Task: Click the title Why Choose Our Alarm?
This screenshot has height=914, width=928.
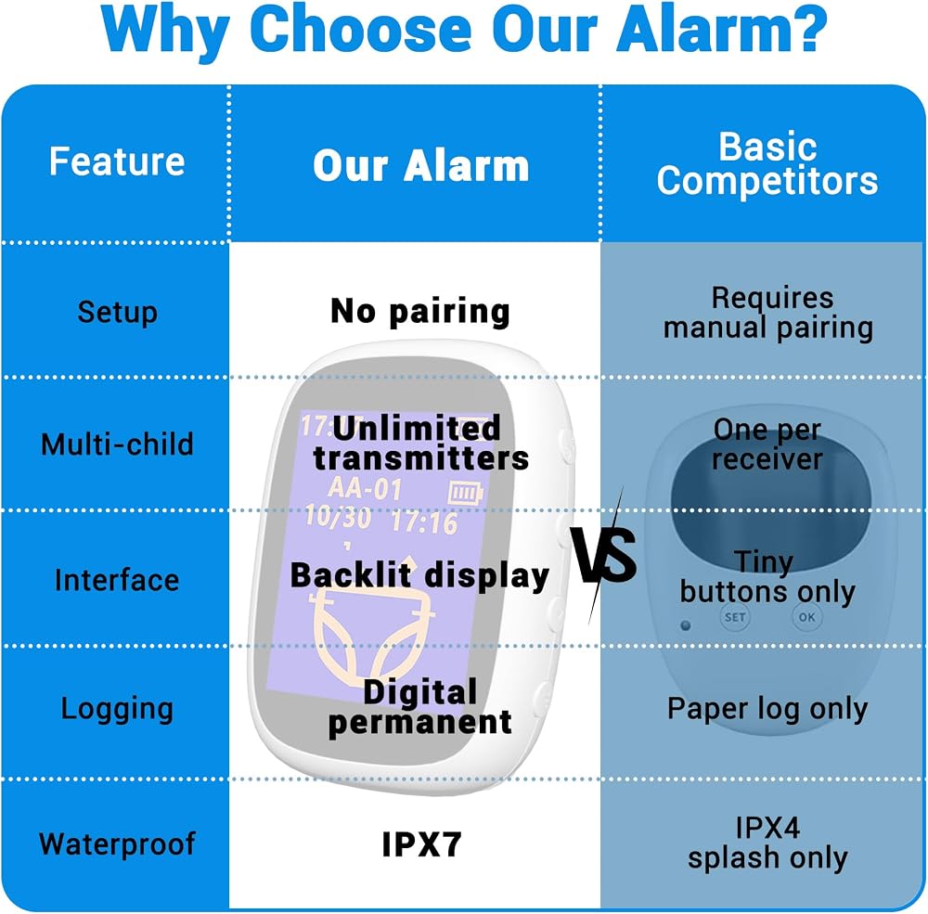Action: click(464, 31)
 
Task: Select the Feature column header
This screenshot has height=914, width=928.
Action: click(117, 161)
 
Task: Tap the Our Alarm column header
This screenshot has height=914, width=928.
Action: click(420, 166)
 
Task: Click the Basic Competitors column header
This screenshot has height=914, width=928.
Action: click(767, 163)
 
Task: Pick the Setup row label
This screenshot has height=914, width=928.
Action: click(117, 312)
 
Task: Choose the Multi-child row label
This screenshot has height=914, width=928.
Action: click(117, 444)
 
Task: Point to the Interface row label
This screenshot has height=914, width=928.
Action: click(117, 580)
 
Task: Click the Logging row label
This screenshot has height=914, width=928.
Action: click(117, 709)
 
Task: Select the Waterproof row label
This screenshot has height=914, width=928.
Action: click(117, 844)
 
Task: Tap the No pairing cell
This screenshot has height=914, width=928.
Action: click(420, 312)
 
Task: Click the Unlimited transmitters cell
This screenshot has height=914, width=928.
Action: click(420, 444)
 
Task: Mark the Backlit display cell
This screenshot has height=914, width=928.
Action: click(419, 576)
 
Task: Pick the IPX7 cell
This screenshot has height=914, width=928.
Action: click(421, 844)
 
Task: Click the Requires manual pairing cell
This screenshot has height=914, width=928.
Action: click(768, 313)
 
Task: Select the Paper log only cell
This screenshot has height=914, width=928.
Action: click(767, 709)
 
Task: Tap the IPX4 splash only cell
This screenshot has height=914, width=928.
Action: click(767, 843)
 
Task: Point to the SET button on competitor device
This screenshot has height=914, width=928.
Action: click(735, 617)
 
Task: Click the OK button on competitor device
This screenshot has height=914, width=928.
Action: click(807, 617)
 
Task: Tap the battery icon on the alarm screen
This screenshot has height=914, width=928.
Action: click(466, 493)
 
